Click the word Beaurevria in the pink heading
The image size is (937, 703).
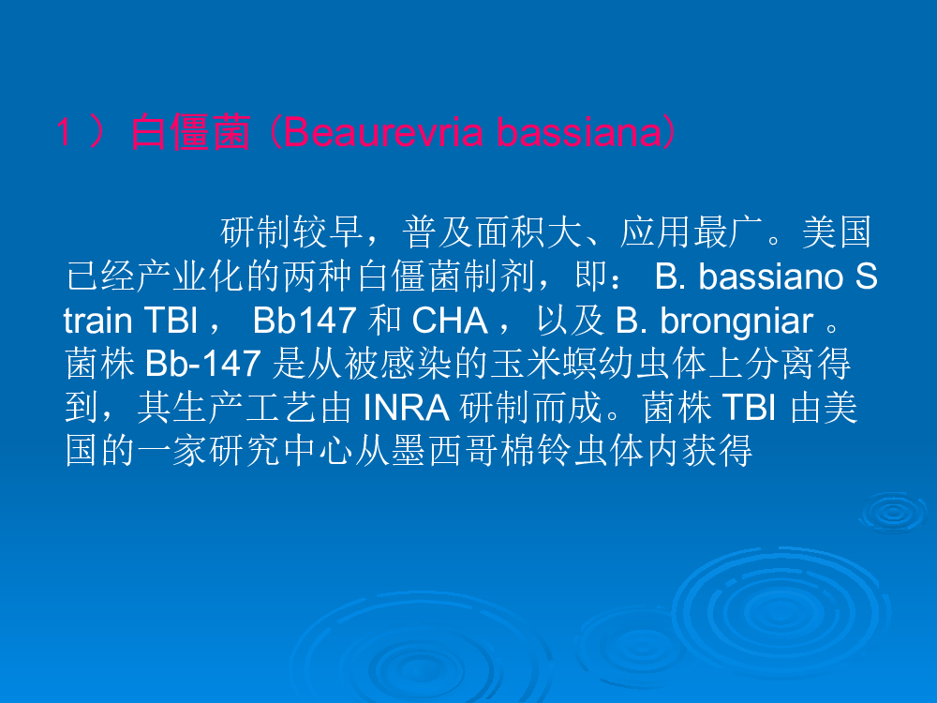(x=382, y=132)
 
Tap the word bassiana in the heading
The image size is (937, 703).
(x=579, y=132)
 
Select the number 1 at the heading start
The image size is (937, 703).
(x=65, y=132)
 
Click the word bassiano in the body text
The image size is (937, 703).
(x=771, y=277)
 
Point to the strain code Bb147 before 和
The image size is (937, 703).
(x=305, y=321)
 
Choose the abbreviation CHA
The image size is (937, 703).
(x=450, y=321)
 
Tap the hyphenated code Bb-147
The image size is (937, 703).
(x=202, y=364)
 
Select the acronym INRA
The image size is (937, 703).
(x=407, y=408)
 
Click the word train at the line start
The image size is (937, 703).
(x=97, y=321)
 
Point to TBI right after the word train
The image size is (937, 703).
(x=171, y=321)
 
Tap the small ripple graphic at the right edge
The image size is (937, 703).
(x=892, y=513)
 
